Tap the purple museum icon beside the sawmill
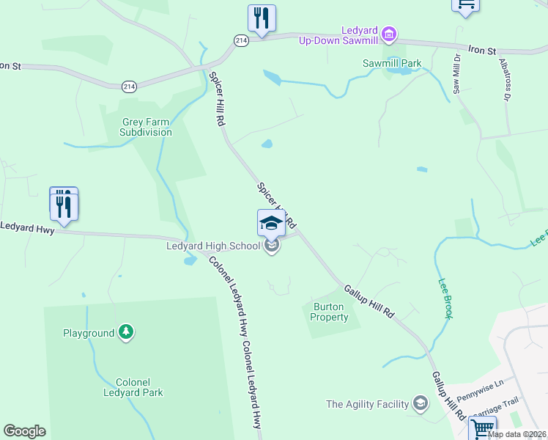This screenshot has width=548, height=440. point(389,34)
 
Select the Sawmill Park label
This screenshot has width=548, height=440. point(392,63)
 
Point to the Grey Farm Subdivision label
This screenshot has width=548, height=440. point(147,127)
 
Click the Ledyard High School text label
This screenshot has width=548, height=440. point(213,246)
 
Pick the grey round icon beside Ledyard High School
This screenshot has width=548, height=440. point(272,246)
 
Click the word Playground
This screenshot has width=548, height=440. point(89,333)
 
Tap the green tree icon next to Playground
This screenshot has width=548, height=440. point(127,333)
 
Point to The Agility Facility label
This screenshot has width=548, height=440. point(367,403)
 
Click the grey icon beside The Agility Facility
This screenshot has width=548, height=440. point(420,403)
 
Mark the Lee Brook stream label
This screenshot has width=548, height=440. point(445,298)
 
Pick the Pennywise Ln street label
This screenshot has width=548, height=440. point(481,391)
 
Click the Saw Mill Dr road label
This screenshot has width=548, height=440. point(456,73)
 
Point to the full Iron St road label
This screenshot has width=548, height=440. point(482,50)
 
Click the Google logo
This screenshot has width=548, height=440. point(25,431)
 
